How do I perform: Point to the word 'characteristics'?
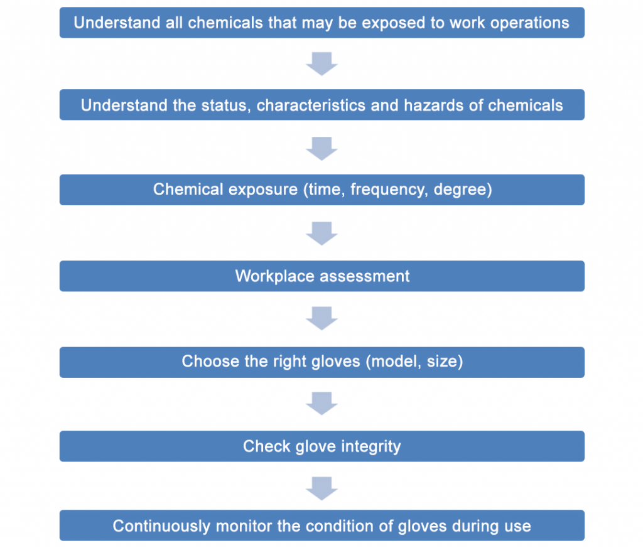[x=310, y=105]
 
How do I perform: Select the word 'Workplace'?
[x=275, y=276]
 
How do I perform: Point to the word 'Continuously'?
[x=161, y=526]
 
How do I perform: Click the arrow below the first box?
[x=322, y=63]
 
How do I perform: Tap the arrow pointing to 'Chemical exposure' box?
[x=322, y=148]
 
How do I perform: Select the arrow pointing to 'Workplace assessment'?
[x=322, y=234]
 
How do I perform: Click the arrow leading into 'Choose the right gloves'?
[x=322, y=318]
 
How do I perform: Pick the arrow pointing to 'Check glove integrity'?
[x=322, y=404]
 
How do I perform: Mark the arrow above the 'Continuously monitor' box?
[x=322, y=488]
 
